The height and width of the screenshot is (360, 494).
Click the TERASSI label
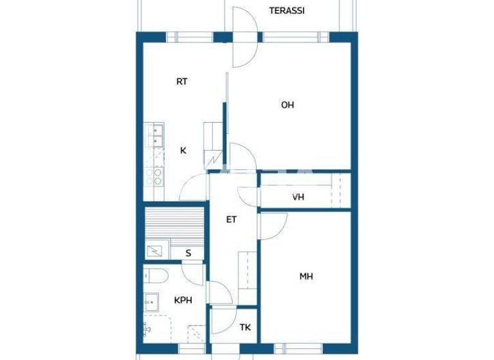[x=287, y=11]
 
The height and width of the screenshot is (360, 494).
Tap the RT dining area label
[x=182, y=82]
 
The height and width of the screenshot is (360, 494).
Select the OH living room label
[x=288, y=105]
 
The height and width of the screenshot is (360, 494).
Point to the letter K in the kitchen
[x=183, y=151]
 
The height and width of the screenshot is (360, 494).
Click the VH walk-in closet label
[x=298, y=197]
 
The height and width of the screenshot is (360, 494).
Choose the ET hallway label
[x=232, y=219]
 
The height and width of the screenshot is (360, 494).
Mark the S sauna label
[x=188, y=253]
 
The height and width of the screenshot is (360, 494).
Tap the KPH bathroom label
[x=183, y=300]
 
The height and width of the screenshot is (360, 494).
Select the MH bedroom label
[x=306, y=277]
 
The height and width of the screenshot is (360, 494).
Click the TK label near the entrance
[x=245, y=328]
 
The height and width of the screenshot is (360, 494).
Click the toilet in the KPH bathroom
[x=156, y=276]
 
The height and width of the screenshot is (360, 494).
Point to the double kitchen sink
[x=156, y=134]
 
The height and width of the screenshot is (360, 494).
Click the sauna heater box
[x=155, y=249]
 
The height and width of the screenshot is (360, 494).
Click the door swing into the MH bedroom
[x=273, y=225]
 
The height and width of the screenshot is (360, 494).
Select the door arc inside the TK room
[x=222, y=321]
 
